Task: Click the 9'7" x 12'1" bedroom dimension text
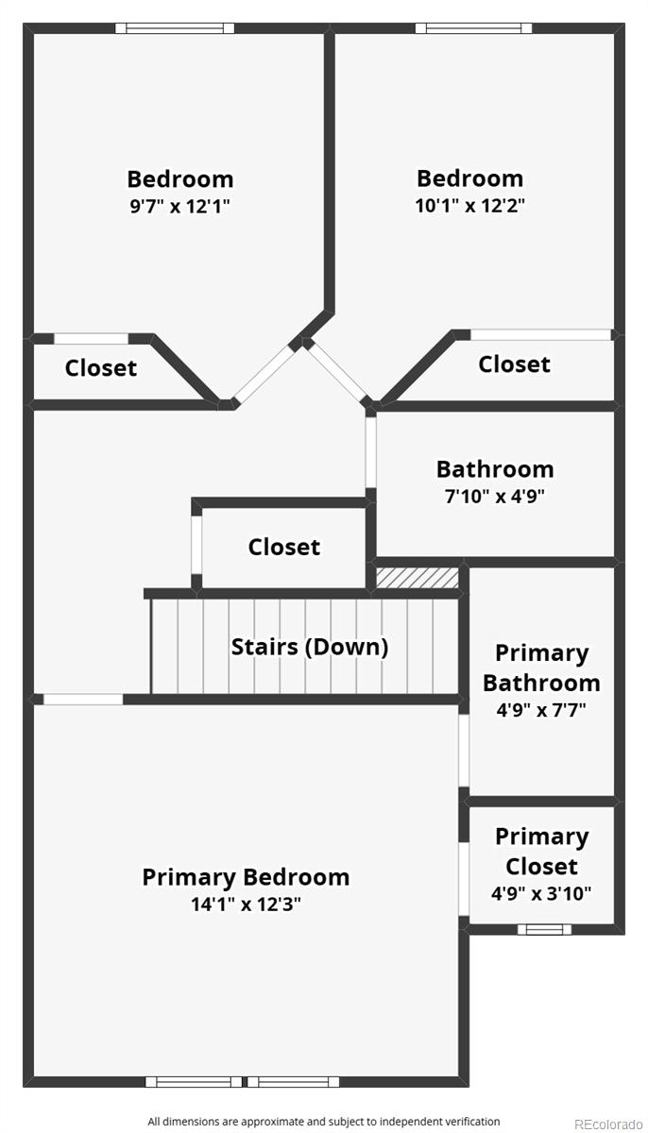click(x=179, y=207)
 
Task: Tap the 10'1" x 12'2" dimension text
click(x=469, y=206)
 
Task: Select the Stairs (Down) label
click(x=310, y=647)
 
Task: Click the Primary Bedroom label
click(x=246, y=876)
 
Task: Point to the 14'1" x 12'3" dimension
click(x=246, y=904)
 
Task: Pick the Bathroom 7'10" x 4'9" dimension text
click(x=495, y=497)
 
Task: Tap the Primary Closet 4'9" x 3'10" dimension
click(x=541, y=893)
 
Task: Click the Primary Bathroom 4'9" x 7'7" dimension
click(x=541, y=710)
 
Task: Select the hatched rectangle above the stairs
click(x=418, y=578)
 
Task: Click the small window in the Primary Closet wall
click(x=544, y=929)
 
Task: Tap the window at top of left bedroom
click(x=175, y=28)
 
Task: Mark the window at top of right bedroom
click(x=473, y=28)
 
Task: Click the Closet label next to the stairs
click(x=283, y=547)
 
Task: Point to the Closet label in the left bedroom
click(x=101, y=367)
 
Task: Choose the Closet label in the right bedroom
click(x=514, y=364)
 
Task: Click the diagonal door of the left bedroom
click(x=264, y=375)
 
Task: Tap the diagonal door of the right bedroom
click(x=336, y=372)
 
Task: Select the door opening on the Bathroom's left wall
click(x=371, y=452)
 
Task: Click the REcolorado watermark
click(x=608, y=1124)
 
